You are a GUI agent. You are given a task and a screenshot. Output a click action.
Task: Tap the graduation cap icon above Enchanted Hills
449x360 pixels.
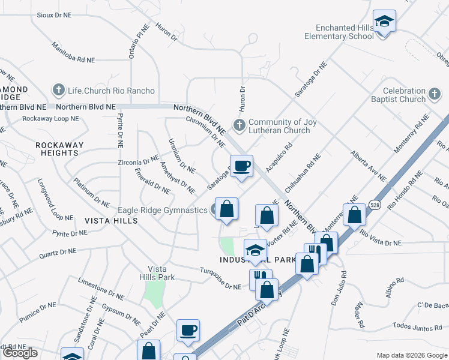click(x=384, y=22)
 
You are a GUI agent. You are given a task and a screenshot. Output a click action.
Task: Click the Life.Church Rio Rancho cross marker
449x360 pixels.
click(x=59, y=91)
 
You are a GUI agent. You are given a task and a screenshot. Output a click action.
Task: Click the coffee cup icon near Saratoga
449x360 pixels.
click(x=241, y=166)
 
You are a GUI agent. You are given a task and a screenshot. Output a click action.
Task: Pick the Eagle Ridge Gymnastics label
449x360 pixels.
click(x=162, y=210)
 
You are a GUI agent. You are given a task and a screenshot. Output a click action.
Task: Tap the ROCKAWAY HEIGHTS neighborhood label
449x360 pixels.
click(x=56, y=149)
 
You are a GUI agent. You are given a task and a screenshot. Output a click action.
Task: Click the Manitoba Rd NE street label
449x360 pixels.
click(x=73, y=52)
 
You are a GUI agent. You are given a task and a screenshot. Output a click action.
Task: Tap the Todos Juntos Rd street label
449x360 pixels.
click(x=420, y=327)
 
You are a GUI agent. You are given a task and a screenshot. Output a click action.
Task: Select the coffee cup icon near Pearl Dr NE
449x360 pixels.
click(x=188, y=329)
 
